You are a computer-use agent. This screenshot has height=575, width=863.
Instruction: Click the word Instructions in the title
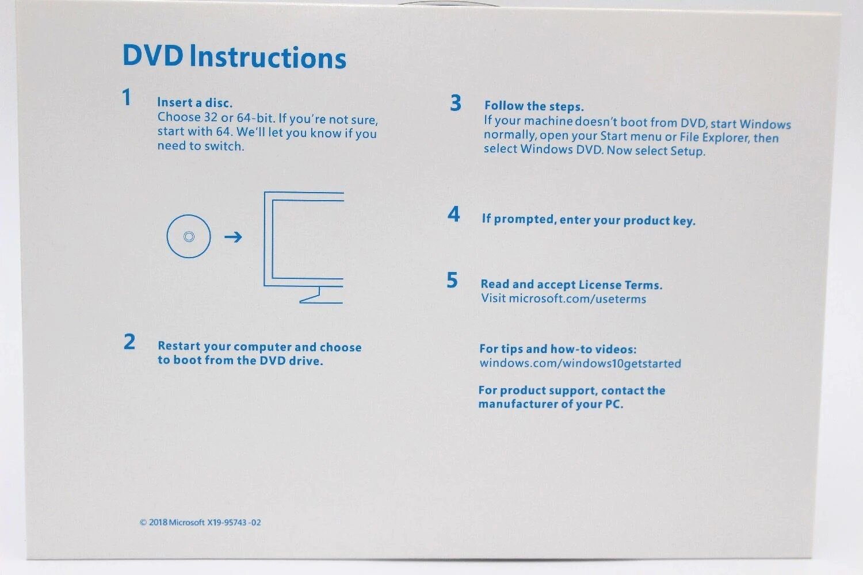coord(268,57)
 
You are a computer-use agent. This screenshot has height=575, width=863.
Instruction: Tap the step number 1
coord(127,97)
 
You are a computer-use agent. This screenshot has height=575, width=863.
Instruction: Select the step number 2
coord(129,342)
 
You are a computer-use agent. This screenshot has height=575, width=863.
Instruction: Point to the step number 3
coord(456,103)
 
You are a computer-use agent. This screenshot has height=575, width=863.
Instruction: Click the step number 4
coord(453,214)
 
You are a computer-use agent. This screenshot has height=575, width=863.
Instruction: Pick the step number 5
coord(452,280)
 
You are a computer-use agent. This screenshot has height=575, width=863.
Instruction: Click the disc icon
coord(189,236)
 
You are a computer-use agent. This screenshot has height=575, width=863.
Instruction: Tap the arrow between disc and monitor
coord(233,237)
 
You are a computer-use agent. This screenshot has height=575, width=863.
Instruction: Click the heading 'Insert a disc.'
coord(195,103)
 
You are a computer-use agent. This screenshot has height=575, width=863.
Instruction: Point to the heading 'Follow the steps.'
coord(534,106)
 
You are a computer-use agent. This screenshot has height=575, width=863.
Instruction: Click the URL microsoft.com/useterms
coord(578,299)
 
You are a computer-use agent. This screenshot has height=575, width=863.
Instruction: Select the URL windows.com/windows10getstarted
coord(580,363)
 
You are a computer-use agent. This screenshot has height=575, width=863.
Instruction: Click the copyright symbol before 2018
coord(143,523)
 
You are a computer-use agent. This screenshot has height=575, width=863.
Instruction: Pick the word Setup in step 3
coord(688,151)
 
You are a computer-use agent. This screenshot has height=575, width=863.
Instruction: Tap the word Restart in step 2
coord(179,346)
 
